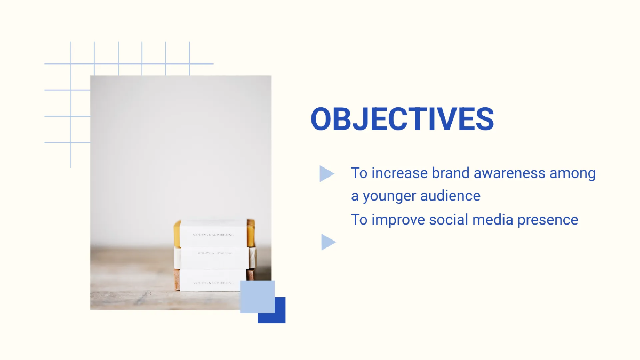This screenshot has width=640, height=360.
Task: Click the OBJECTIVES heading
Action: (x=402, y=119)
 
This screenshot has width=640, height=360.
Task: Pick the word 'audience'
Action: (x=450, y=196)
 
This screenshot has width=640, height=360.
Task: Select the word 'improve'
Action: (x=396, y=220)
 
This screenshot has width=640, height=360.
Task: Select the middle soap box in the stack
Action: (x=213, y=258)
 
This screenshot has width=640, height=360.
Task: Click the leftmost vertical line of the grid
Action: (x=71, y=107)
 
